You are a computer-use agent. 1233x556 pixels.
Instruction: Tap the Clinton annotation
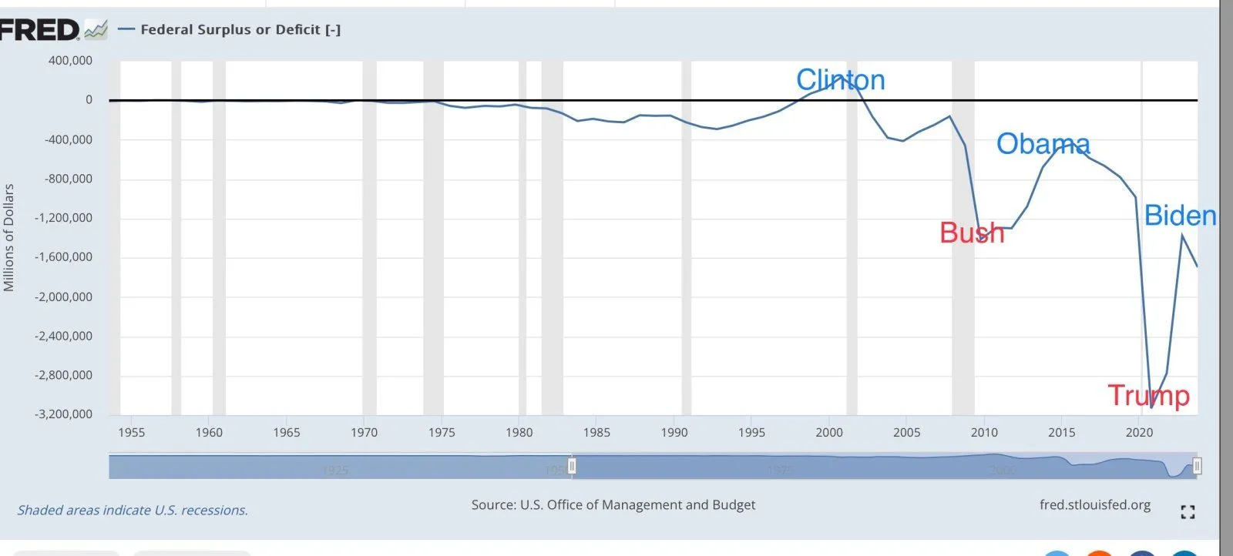click(x=840, y=80)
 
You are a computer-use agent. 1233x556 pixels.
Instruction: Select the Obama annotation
click(x=1043, y=144)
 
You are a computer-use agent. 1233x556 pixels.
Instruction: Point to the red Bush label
click(x=972, y=233)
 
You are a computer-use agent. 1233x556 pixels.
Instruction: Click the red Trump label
click(x=1148, y=396)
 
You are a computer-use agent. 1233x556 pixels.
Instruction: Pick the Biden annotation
click(x=1180, y=216)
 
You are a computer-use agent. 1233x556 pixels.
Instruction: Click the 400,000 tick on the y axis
click(x=70, y=61)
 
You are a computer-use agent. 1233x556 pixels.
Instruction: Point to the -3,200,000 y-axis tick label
click(x=63, y=414)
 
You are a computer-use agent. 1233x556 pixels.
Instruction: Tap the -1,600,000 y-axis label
click(x=63, y=257)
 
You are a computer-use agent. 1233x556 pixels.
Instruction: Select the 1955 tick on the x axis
click(x=131, y=433)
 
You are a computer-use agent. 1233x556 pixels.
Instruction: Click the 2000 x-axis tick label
click(x=829, y=433)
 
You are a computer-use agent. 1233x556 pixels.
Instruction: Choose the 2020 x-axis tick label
click(x=1139, y=433)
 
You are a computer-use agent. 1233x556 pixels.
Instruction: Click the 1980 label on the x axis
click(x=519, y=433)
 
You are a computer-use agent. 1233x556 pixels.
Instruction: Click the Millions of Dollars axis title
click(x=9, y=237)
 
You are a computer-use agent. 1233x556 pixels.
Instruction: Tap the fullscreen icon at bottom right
click(x=1188, y=512)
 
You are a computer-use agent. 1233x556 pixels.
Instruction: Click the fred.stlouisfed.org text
click(x=1094, y=505)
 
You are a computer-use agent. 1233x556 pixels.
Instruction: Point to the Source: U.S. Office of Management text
click(x=613, y=505)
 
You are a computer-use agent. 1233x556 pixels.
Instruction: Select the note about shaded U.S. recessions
click(x=133, y=511)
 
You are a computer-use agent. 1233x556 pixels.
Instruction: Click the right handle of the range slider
click(x=1197, y=466)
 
